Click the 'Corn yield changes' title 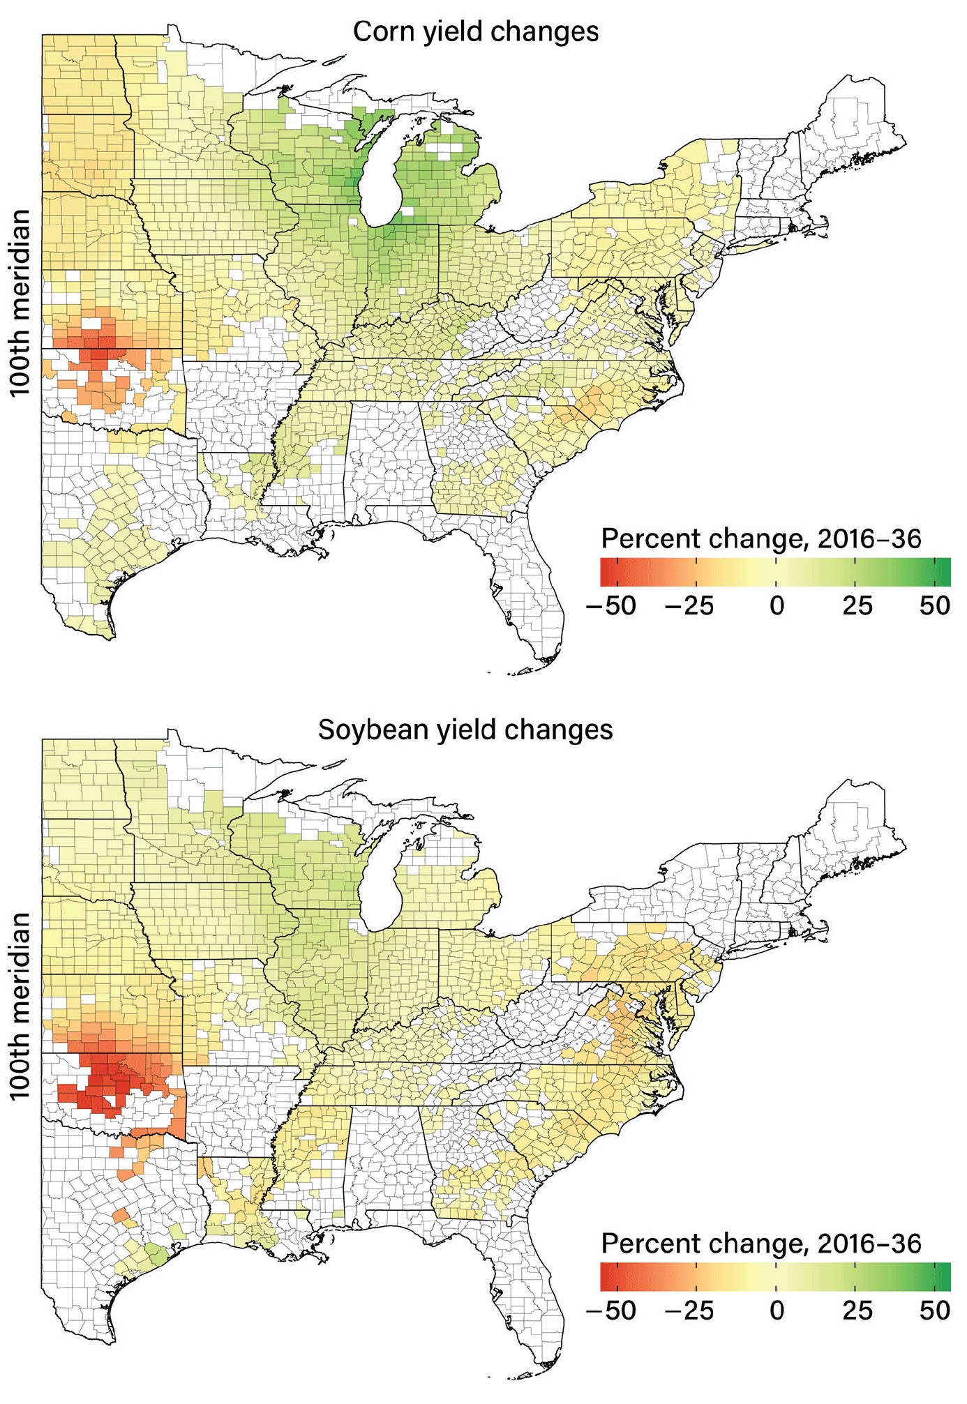coord(475,32)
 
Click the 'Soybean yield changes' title coord(465,730)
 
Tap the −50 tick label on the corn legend coord(611,605)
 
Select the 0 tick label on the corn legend coord(777,605)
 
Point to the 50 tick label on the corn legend coord(935,605)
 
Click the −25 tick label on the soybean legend coord(689,1311)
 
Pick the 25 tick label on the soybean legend coord(857,1311)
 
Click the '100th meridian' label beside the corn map coord(21,303)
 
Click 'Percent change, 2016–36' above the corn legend coord(761,539)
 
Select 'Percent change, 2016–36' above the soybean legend coord(761,1244)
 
